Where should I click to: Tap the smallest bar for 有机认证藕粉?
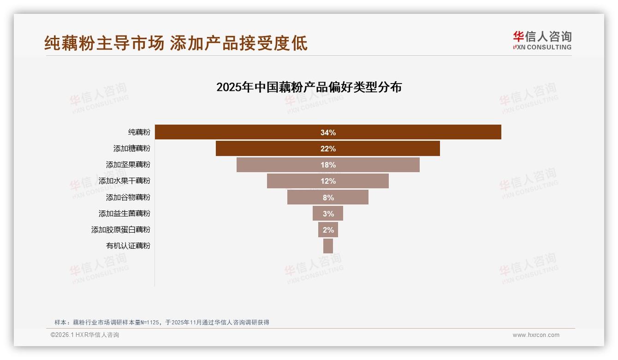pos(328,246)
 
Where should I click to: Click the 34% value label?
pos(328,132)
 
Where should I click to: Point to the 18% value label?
pos(328,165)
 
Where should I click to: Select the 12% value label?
pos(328,181)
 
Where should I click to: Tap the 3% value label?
pos(328,214)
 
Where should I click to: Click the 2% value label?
pos(328,230)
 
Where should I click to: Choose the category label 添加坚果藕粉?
pos(128,165)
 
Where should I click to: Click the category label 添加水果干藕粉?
pos(124,181)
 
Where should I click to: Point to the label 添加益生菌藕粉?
pos(124,214)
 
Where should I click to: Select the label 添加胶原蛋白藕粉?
pos(120,230)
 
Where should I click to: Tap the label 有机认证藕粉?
pos(128,246)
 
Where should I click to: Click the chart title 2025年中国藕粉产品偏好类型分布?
pos(309,87)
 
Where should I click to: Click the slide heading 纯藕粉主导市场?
pos(104,43)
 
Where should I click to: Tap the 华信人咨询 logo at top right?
pos(542,41)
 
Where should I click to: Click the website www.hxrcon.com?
pos(535,335)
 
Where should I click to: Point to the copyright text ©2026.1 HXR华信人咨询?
pos(84,335)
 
